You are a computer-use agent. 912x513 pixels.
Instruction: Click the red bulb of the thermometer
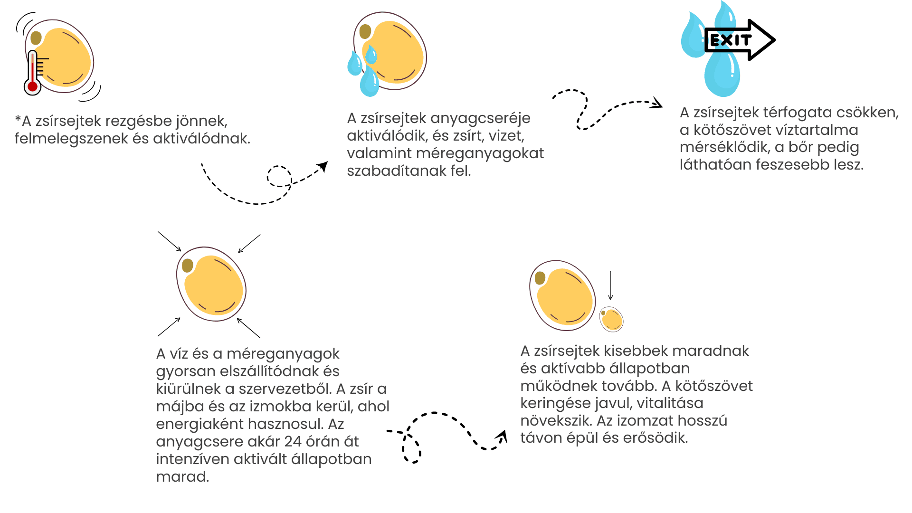point(32,86)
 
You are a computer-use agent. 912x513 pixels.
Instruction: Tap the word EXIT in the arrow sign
point(731,40)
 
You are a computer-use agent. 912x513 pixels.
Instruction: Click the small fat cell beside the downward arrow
point(611,319)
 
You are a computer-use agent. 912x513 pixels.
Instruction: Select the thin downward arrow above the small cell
point(610,285)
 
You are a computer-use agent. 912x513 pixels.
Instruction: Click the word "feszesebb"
point(792,165)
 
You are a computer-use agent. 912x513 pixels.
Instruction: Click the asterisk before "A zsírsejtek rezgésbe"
point(18,119)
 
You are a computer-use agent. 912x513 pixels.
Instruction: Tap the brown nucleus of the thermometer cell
point(36,38)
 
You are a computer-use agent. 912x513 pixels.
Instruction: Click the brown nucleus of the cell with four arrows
point(188,266)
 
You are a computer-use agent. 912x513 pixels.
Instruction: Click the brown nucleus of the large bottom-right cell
point(540,278)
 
